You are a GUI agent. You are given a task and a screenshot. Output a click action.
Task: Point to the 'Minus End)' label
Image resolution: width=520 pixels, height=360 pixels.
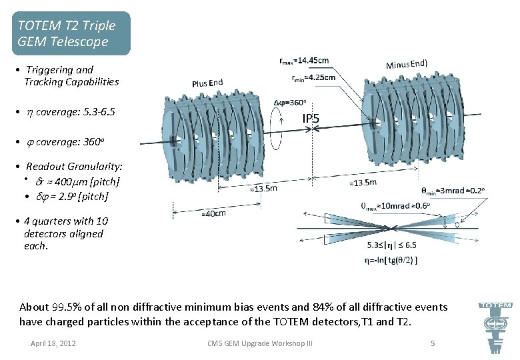coord(407,64)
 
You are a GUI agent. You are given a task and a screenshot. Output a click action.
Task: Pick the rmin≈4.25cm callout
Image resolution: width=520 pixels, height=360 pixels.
coord(314,77)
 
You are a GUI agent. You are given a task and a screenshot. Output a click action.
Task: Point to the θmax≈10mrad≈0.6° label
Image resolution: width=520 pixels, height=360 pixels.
coord(397,206)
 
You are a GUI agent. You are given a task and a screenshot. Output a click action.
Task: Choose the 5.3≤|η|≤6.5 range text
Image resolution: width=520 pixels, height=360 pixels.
coord(392,245)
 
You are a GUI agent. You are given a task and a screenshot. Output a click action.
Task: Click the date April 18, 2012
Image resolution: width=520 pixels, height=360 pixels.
coord(53,343)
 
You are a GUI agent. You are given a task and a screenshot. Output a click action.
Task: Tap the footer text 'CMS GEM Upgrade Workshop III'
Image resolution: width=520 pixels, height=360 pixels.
coord(260,343)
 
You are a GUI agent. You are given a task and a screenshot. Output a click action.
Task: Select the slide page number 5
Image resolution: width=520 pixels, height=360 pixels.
coord(433,343)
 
